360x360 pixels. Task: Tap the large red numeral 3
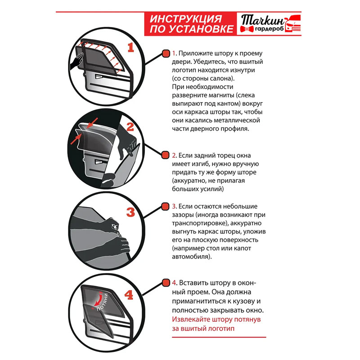[x=130, y=211]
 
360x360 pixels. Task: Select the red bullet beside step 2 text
[x=165, y=155]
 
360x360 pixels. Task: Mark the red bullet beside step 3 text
[x=165, y=207]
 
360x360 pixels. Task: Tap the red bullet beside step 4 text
[x=165, y=283]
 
